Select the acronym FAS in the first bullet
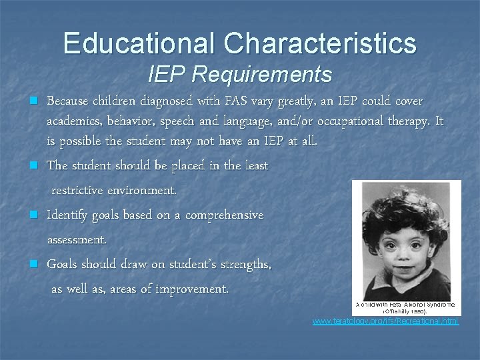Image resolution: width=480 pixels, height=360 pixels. point(235,101)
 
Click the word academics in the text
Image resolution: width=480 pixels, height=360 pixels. point(72,122)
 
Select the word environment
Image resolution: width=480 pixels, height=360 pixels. point(141,191)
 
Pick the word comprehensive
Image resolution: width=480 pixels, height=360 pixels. point(224,215)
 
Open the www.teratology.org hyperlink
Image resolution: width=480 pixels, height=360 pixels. point(386,321)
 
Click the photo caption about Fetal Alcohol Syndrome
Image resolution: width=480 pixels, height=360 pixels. point(405,307)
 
